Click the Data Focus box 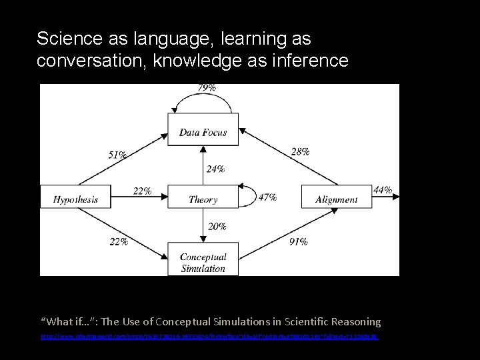tap(203, 132)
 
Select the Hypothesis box tap(75, 199)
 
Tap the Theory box tap(203, 199)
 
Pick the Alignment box tap(336, 199)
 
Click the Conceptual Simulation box tap(203, 263)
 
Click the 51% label tap(117, 155)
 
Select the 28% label tap(301, 151)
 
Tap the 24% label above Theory tap(215, 169)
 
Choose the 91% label tap(297, 242)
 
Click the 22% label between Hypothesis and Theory tap(142, 191)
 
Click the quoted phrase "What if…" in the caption tap(68, 321)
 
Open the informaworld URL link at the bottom tap(209, 339)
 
